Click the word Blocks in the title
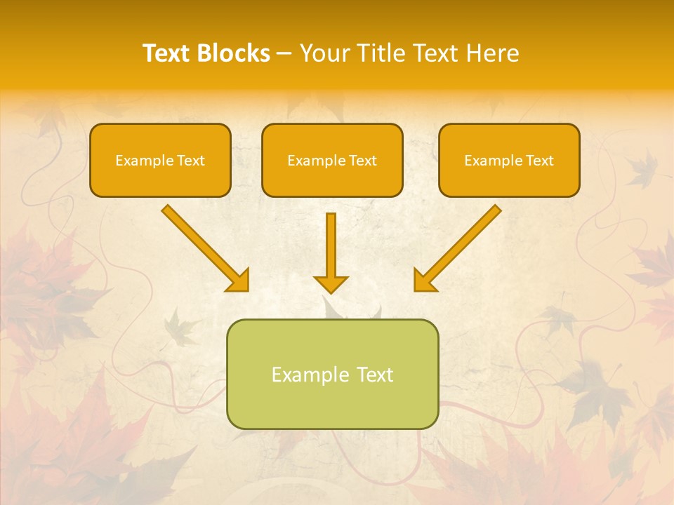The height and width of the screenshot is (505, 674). point(234,53)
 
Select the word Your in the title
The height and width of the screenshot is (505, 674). point(323,53)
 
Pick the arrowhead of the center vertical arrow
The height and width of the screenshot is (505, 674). point(331,284)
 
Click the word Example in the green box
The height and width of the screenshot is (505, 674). point(309,375)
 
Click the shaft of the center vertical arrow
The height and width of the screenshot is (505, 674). point(331,242)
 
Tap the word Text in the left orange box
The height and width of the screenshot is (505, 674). point(191,161)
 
